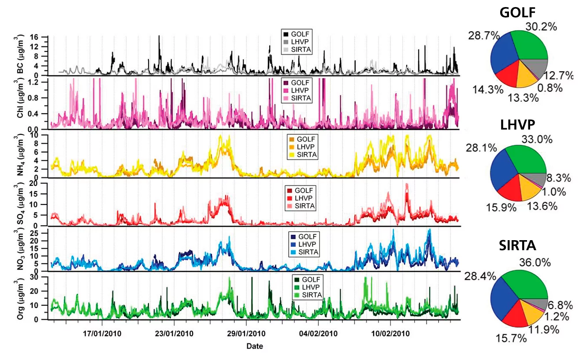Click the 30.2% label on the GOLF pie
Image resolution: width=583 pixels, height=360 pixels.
(x=541, y=26)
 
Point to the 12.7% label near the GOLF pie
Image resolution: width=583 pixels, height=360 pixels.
(x=558, y=76)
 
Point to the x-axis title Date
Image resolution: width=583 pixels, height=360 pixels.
(x=255, y=346)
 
